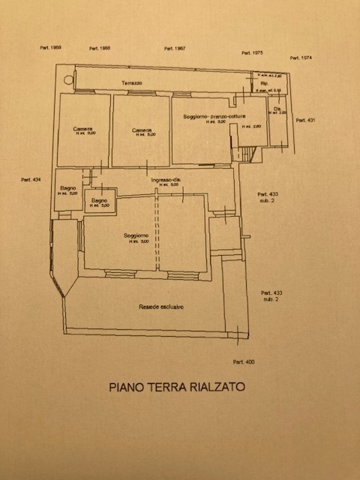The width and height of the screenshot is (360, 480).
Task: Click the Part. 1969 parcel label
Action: pos(52,47)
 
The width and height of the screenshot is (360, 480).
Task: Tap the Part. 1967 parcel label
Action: pos(175,49)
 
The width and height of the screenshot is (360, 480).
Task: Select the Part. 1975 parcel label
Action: pos(252,53)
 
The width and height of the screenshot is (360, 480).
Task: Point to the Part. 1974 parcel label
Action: pos(301,58)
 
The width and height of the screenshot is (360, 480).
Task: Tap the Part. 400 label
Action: pos(244,362)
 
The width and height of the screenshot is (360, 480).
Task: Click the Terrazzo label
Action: pos(133,81)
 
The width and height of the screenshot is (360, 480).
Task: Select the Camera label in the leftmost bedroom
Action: pos(83,129)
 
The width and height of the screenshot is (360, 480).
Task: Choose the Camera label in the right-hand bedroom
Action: pos(142,130)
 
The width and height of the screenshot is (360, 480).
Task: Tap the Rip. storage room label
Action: pos(264,83)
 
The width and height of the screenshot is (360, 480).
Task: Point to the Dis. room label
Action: pos(277,109)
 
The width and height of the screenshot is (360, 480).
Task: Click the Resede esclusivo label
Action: pos(161,307)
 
